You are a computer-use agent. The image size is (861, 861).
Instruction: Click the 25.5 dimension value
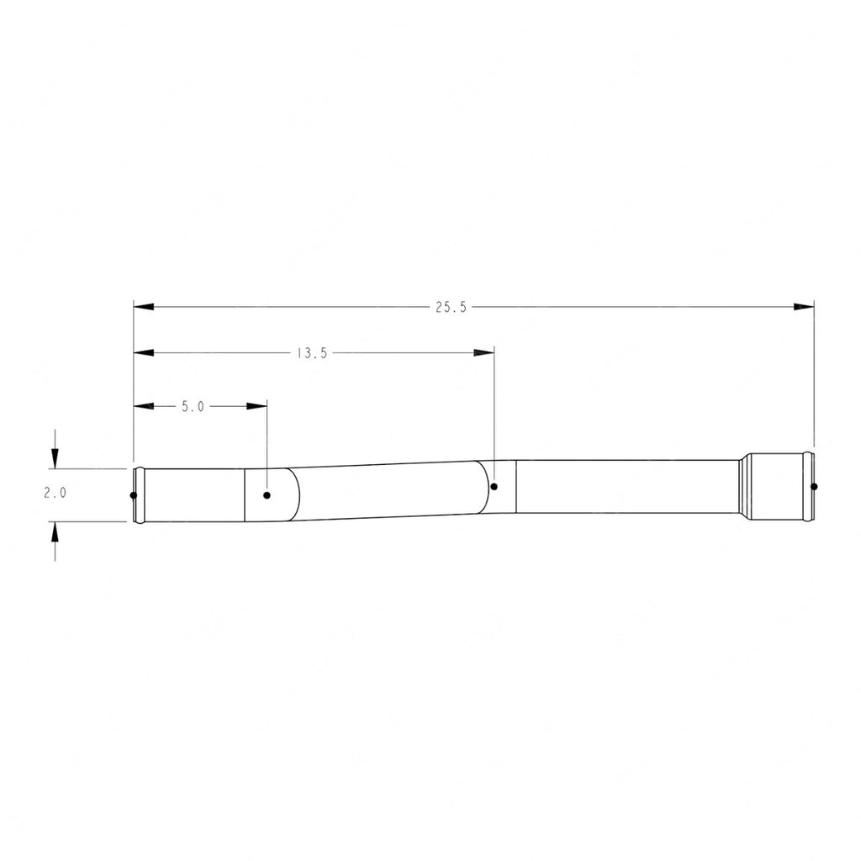pyautogui.click(x=450, y=308)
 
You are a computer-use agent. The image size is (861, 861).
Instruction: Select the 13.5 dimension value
pyautogui.click(x=312, y=354)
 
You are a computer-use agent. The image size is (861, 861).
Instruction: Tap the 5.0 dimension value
pyautogui.click(x=193, y=407)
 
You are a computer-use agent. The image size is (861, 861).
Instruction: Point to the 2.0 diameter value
pyautogui.click(x=55, y=494)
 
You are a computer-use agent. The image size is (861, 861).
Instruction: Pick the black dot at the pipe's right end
pyautogui.click(x=813, y=486)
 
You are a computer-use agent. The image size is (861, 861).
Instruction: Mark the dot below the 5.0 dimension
pyautogui.click(x=267, y=494)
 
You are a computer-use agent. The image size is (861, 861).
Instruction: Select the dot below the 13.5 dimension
pyautogui.click(x=494, y=486)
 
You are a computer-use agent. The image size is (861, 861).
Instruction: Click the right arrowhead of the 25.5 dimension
pyautogui.click(x=804, y=308)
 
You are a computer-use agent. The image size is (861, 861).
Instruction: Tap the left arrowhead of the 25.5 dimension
pyautogui.click(x=145, y=308)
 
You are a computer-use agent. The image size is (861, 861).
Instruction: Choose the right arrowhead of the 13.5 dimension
pyautogui.click(x=484, y=354)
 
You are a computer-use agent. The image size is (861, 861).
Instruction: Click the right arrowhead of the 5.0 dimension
pyautogui.click(x=256, y=407)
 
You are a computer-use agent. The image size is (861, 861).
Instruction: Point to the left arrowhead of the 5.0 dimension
pyautogui.click(x=145, y=407)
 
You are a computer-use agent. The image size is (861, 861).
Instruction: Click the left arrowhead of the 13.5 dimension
pyautogui.click(x=145, y=354)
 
